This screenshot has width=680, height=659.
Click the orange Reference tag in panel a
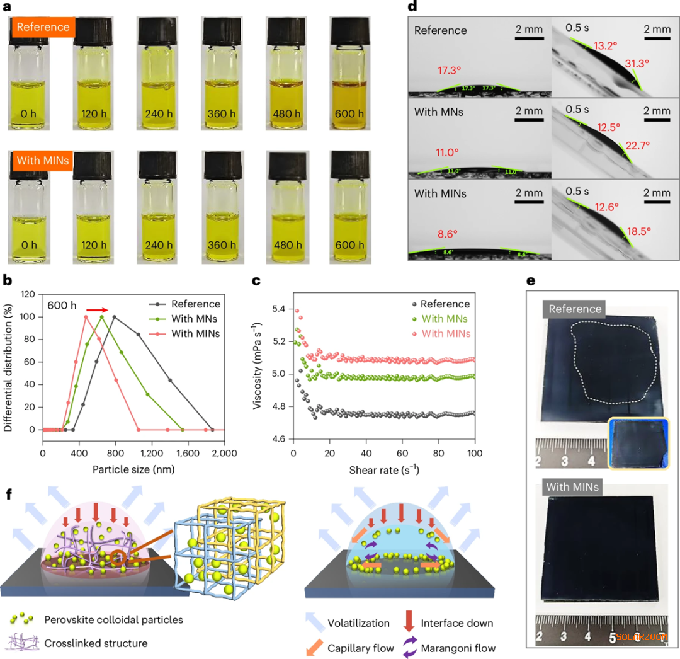coord(42,27)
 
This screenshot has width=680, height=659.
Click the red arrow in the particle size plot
coord(97,310)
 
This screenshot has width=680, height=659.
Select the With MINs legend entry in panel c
coord(445,333)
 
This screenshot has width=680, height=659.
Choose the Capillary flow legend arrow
coord(314,647)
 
